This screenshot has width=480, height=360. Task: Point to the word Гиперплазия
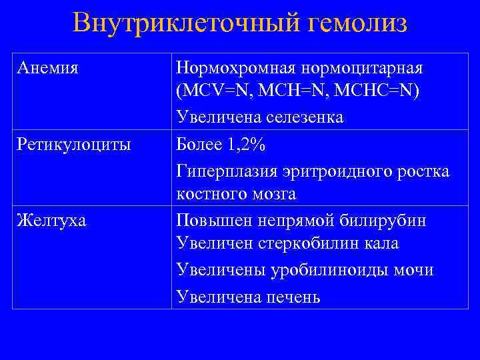click(x=223, y=169)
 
